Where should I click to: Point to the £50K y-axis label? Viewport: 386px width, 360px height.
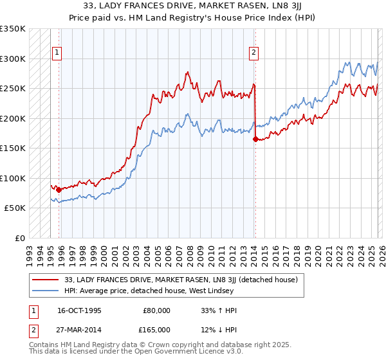[x=14, y=208]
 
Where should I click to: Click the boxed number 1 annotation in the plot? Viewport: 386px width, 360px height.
[x=58, y=53]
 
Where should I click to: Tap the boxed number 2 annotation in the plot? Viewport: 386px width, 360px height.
[x=255, y=53]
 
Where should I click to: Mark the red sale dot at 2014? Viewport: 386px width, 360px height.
[x=255, y=139]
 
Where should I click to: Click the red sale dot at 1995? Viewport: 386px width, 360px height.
[x=59, y=190]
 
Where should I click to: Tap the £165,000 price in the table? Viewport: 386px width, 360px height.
[x=157, y=329]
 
